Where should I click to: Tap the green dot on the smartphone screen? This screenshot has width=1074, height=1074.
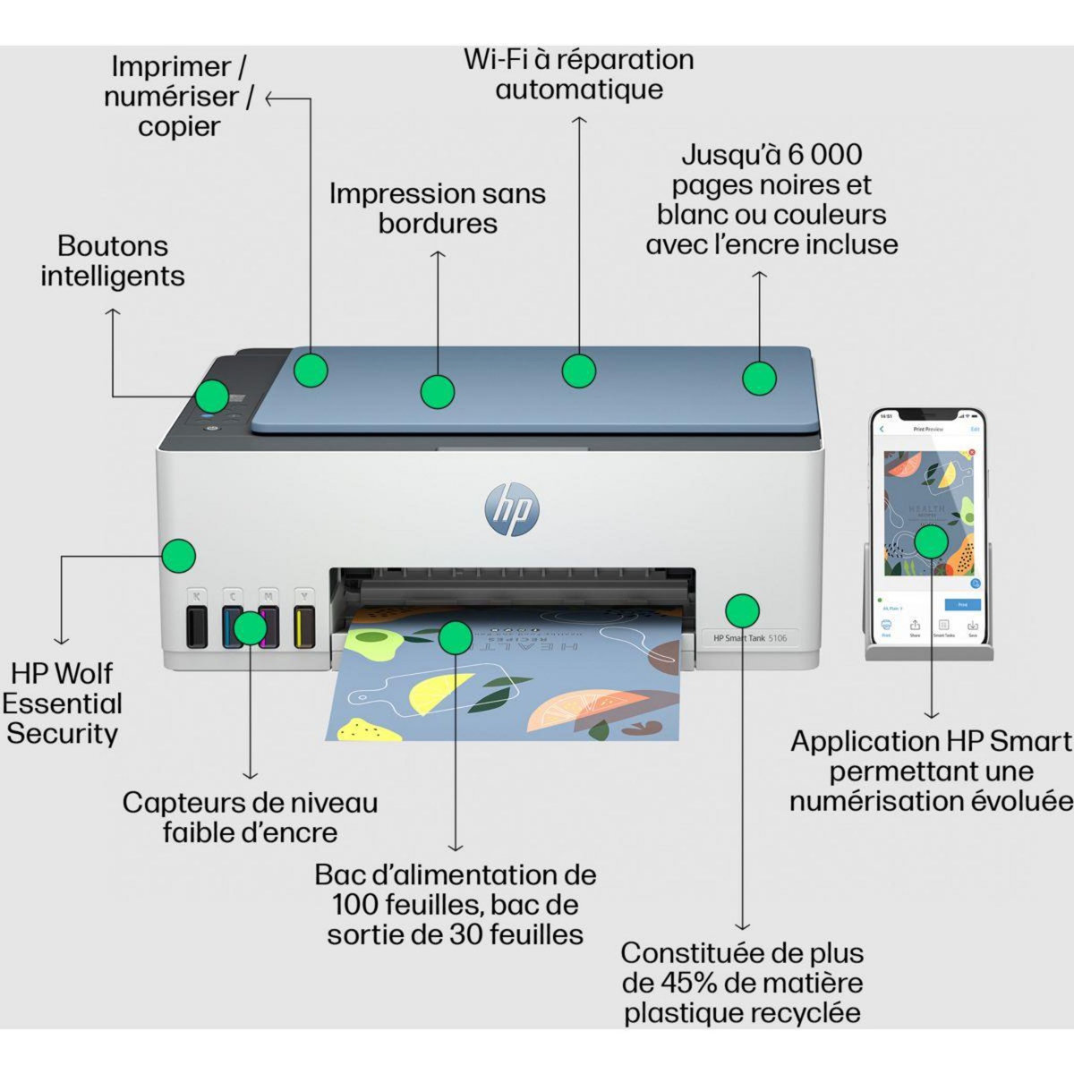(931, 541)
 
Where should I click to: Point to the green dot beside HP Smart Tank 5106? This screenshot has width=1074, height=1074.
(742, 610)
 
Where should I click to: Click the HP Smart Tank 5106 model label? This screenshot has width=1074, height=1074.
(750, 638)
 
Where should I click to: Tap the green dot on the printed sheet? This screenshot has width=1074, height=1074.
(455, 637)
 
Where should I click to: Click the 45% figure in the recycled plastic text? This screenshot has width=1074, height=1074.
(687, 983)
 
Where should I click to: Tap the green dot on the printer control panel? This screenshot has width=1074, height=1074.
(212, 396)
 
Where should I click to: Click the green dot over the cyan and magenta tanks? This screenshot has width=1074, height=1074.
(250, 628)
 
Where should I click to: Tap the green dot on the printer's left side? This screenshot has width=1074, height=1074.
(179, 556)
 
